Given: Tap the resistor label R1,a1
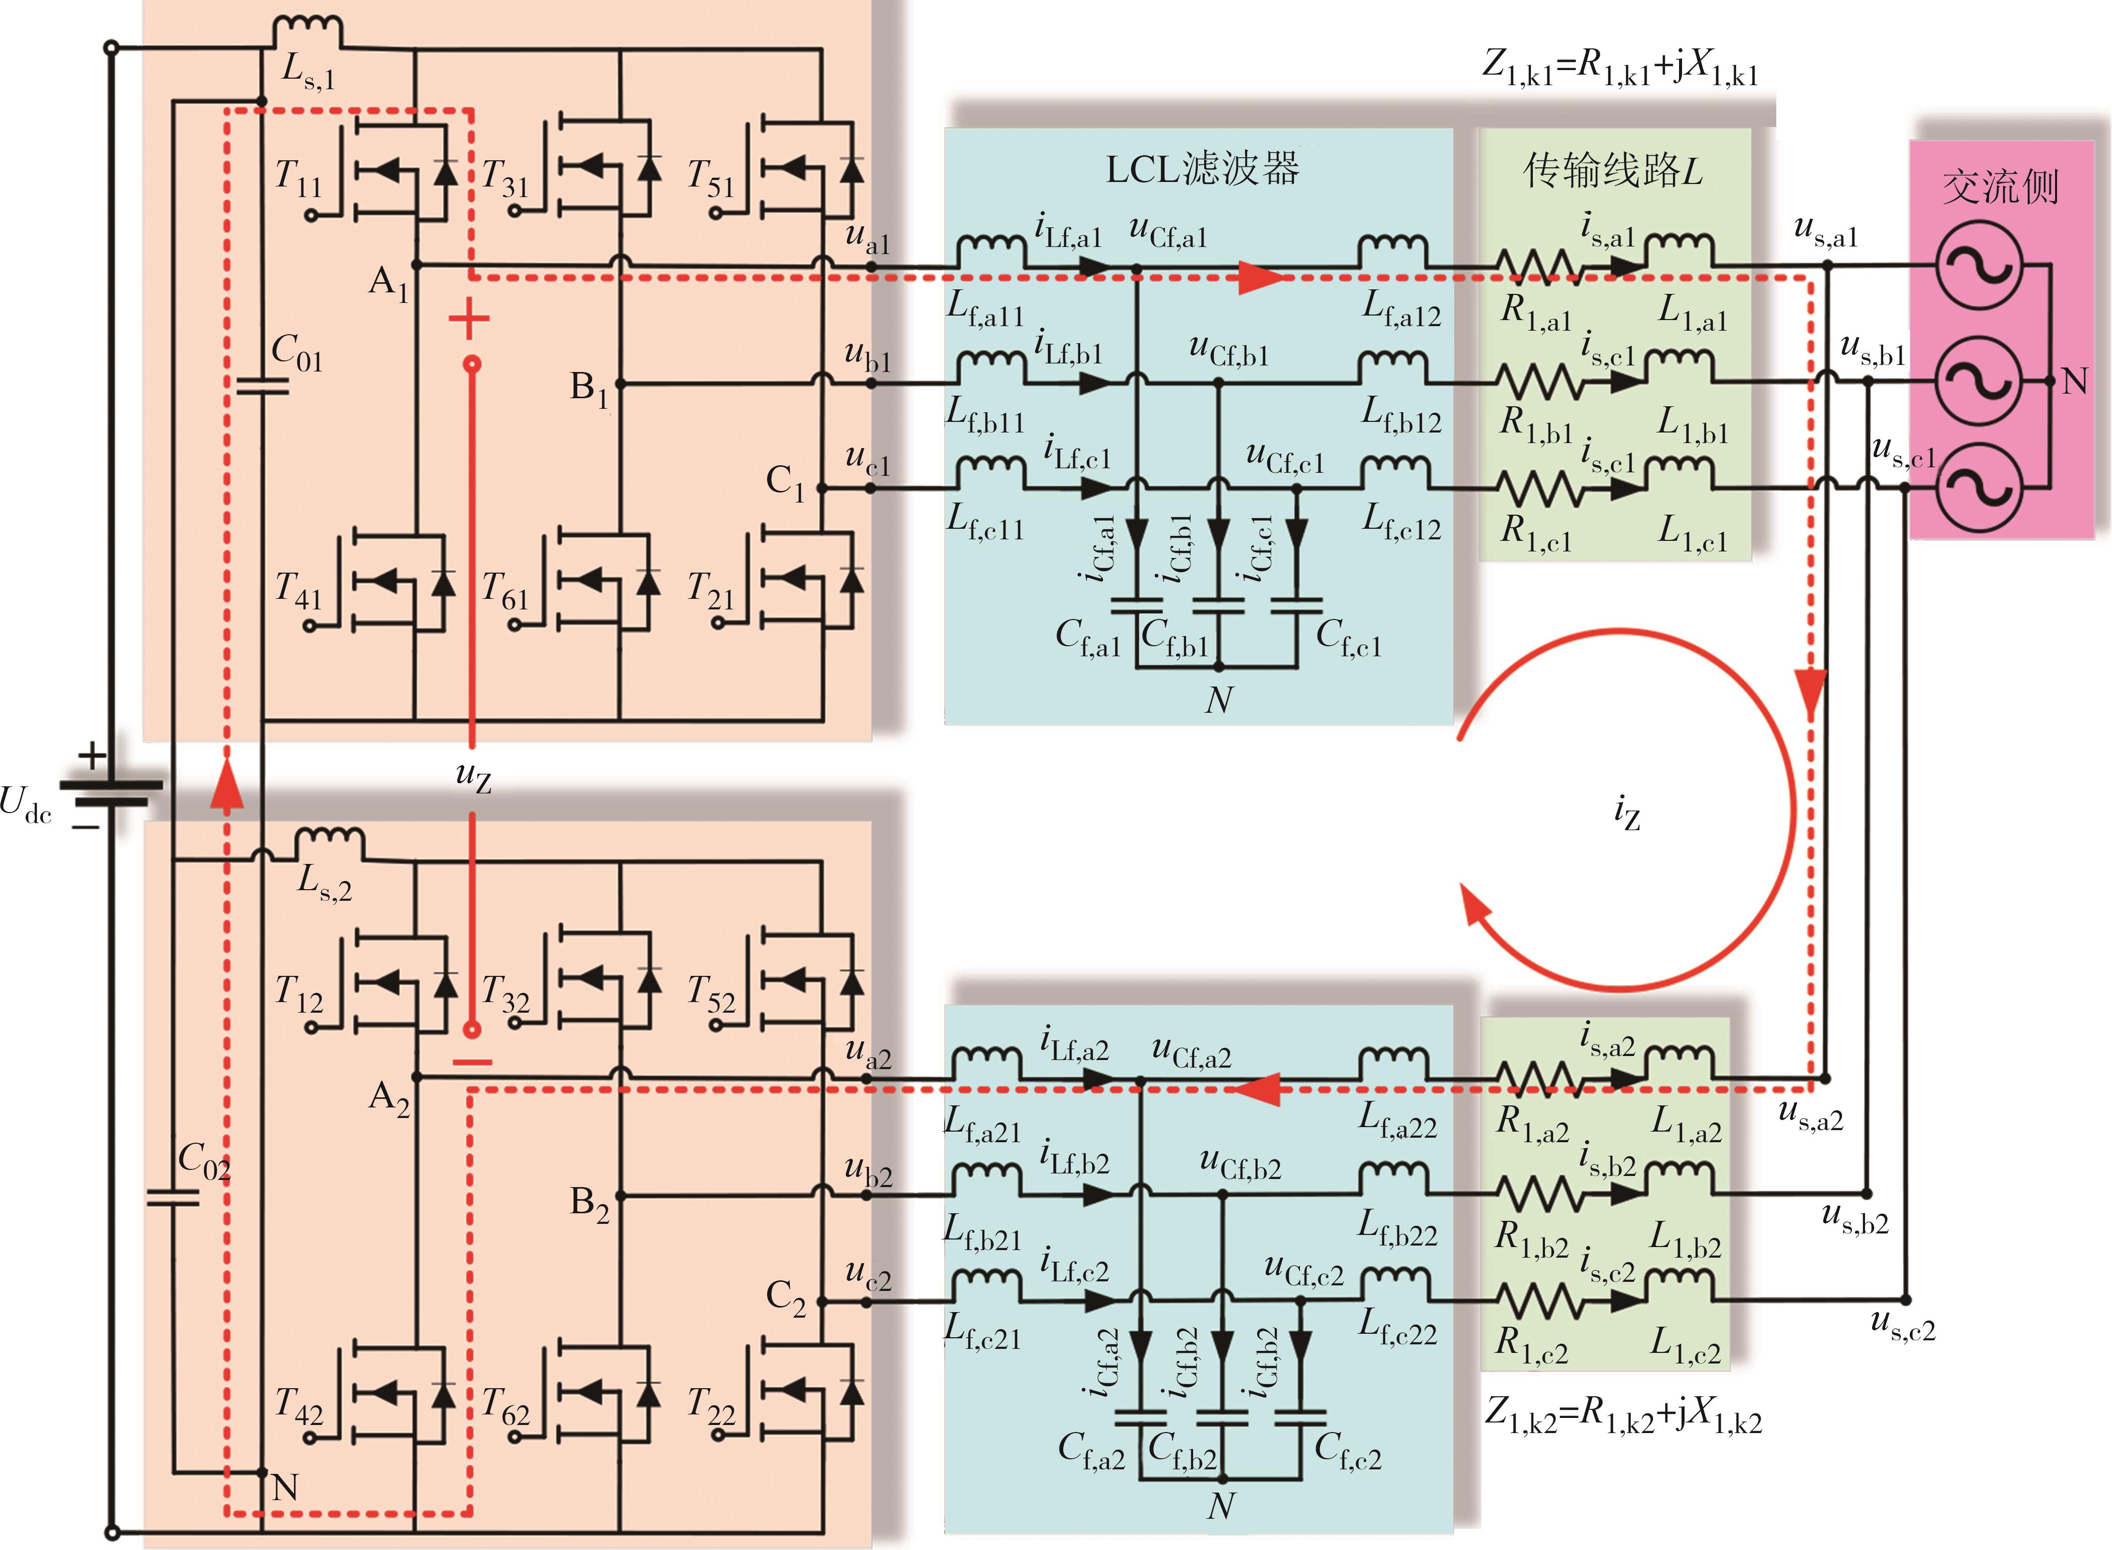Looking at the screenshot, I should (x=1535, y=313).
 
